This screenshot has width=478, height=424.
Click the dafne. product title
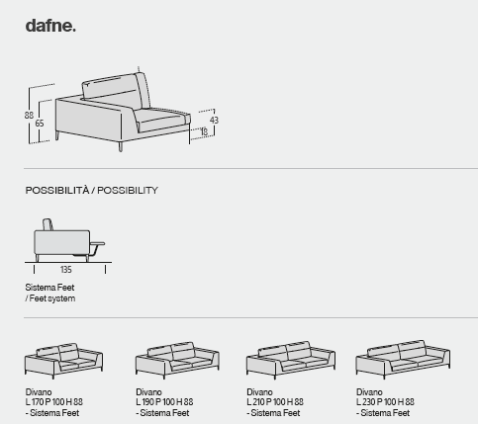(50, 26)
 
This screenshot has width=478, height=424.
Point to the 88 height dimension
(29, 116)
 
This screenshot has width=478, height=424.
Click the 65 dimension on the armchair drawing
(40, 124)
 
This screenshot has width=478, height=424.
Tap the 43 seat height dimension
(214, 121)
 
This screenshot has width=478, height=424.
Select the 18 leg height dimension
(204, 131)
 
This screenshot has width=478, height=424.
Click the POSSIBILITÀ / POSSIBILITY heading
(92, 191)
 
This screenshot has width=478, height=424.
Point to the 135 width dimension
(66, 270)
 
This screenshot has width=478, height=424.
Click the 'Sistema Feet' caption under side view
(49, 288)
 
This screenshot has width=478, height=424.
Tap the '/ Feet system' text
(50, 298)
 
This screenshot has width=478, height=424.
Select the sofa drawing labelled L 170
(63, 361)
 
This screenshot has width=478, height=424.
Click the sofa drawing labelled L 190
(177, 360)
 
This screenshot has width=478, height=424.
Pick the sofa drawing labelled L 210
(291, 360)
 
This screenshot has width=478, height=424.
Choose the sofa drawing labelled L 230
(403, 360)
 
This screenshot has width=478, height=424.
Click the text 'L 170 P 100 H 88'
(54, 402)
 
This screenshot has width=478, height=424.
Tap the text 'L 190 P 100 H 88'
(164, 402)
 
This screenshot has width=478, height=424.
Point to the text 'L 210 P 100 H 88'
(275, 402)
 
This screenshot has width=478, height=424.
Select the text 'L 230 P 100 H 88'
(385, 402)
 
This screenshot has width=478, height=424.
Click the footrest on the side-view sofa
(97, 245)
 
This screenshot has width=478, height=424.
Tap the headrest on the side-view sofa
(48, 224)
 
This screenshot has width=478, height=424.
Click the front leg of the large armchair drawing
(121, 147)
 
